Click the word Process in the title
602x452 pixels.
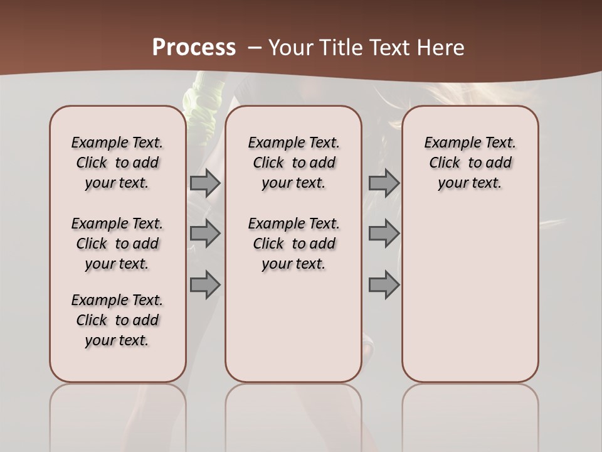click(x=194, y=48)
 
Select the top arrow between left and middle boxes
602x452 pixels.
click(x=204, y=183)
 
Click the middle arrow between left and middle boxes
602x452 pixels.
click(x=204, y=234)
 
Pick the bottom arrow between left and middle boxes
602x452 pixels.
click(x=204, y=284)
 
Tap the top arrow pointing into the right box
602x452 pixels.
click(x=384, y=183)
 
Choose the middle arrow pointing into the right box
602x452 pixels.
click(x=384, y=234)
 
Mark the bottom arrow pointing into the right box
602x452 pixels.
click(x=384, y=284)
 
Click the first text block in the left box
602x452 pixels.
click(x=117, y=163)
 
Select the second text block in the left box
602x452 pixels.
click(x=117, y=244)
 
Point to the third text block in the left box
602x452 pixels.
click(x=117, y=320)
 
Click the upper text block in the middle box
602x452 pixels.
click(x=293, y=163)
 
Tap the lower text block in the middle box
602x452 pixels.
click(x=293, y=244)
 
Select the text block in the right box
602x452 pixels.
click(x=470, y=163)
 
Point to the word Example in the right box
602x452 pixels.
click(x=450, y=143)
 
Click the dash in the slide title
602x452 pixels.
click(x=255, y=48)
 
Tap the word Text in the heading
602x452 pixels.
click(x=388, y=48)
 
